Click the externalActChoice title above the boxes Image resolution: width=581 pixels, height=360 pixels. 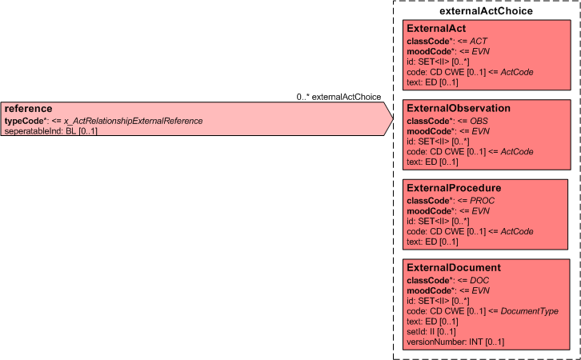point(486,11)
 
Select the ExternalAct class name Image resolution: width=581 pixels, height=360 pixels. point(436,29)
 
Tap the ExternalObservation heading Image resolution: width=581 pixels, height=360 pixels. point(459,108)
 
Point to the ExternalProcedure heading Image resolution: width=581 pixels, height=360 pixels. point(454,188)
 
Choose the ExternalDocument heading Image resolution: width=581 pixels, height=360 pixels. point(454,267)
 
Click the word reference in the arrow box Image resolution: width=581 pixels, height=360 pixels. point(28,109)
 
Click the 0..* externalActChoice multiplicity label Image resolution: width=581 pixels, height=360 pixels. point(339,97)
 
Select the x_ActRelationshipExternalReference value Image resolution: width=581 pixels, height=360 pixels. point(134,121)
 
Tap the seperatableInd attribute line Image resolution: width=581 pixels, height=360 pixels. point(50,130)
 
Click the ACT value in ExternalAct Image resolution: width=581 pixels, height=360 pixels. point(479,41)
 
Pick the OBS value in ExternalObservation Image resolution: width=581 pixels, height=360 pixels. point(479,121)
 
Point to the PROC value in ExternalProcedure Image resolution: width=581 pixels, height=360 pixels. point(483,201)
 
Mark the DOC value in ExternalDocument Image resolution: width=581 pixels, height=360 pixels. point(479,280)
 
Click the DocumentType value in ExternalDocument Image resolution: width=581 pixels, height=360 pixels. point(530,311)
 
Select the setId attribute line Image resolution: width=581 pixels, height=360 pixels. point(431,331)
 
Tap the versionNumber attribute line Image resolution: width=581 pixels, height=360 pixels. point(455,342)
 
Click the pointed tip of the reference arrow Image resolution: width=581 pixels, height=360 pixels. point(393,118)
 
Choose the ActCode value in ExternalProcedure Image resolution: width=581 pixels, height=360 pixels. point(517,231)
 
